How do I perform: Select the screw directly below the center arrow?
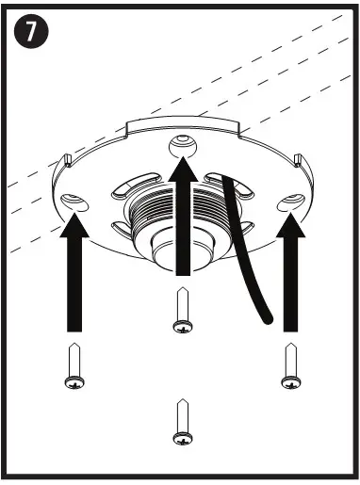180,311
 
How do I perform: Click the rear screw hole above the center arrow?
180,143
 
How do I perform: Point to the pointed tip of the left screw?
73,346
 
